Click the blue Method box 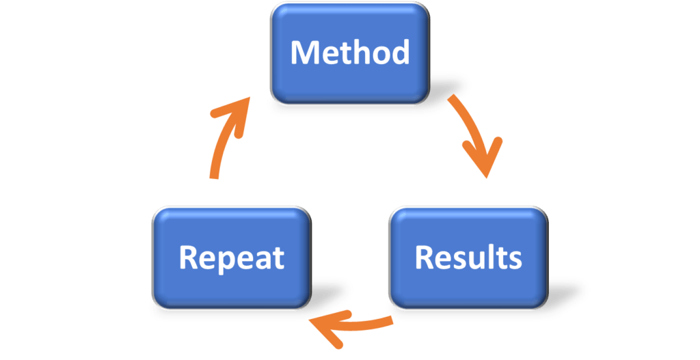click(x=349, y=53)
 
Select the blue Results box click(x=468, y=257)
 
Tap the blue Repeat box click(x=232, y=257)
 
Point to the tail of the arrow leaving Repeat click(x=214, y=176)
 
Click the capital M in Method click(x=304, y=53)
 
